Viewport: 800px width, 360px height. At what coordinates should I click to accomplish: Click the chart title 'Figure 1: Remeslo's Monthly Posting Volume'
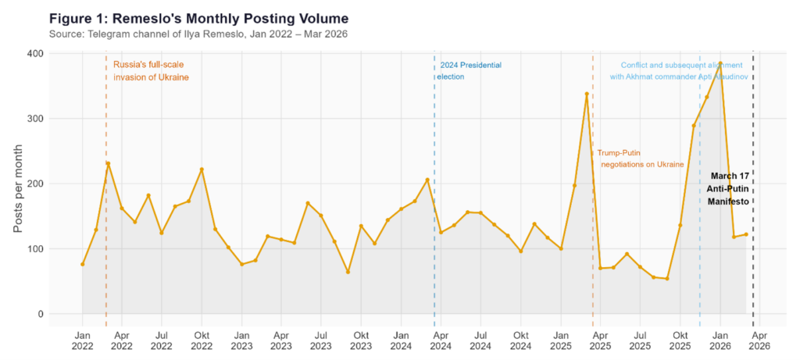[198, 17]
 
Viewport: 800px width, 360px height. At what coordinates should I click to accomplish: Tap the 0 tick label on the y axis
[38, 314]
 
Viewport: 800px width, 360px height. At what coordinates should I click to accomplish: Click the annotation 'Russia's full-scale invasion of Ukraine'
[151, 71]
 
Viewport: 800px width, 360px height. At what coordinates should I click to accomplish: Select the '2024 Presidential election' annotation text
[469, 71]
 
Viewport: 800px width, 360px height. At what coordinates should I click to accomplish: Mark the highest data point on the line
[720, 65]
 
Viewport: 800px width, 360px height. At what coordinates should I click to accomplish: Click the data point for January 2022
[82, 264]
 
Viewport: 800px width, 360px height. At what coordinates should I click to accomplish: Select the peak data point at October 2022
[202, 169]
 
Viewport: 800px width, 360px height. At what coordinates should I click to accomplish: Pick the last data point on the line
[746, 234]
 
